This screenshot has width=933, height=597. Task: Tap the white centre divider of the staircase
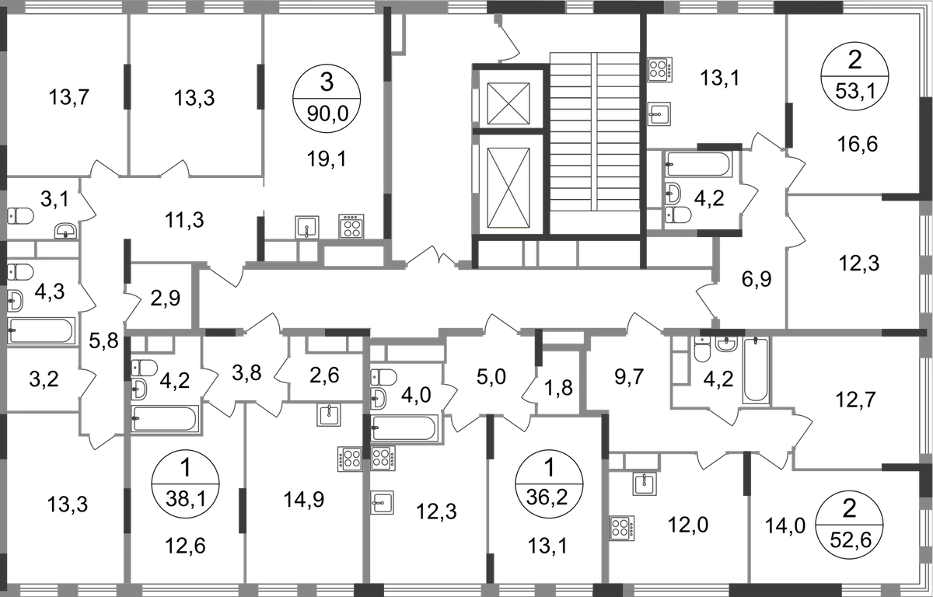(x=594, y=132)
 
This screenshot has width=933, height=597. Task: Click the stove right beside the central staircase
(x=660, y=70)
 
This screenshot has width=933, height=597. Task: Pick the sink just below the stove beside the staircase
(x=660, y=113)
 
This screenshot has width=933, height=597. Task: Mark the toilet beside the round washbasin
(x=703, y=351)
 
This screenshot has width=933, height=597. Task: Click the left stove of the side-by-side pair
(x=349, y=459)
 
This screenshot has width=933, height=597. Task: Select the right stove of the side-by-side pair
(x=383, y=459)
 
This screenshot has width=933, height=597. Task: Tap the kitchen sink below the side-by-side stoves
(x=383, y=501)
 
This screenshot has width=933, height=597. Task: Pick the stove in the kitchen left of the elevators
(x=352, y=226)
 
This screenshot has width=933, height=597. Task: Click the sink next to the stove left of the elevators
(x=309, y=226)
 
